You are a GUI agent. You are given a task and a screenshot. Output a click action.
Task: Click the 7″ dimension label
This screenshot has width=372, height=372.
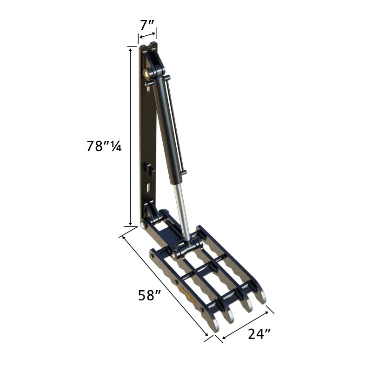click(147, 25)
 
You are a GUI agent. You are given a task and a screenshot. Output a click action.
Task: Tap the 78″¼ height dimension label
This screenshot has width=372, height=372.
click(104, 146)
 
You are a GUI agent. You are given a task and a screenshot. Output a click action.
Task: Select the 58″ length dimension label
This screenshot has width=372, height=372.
click(149, 295)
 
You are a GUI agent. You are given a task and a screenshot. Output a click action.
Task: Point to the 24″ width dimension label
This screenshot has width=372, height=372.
click(259, 334)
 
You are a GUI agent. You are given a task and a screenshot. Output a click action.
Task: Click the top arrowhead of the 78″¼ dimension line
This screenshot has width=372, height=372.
click(130, 50)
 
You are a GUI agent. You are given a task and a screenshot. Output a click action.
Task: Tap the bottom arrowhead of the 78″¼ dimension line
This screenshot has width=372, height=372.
click(130, 223)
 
